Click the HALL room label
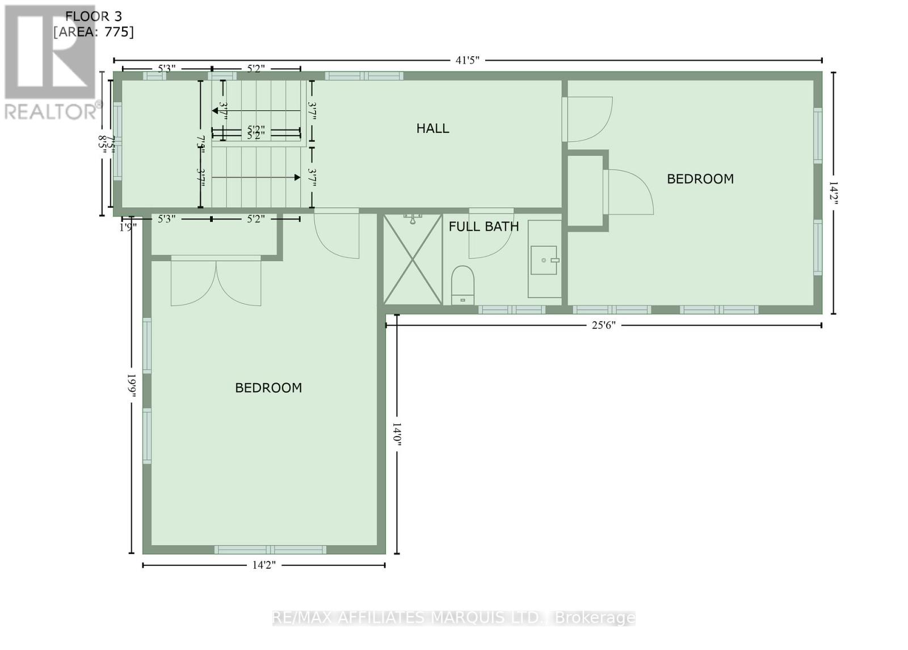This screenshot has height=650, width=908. point(432,128)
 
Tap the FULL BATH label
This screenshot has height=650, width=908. point(484,227)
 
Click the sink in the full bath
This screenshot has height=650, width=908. point(544,260)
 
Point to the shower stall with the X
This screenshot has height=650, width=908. point(413,259)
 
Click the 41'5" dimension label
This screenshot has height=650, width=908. point(468,60)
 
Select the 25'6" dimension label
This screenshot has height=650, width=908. point(603,325)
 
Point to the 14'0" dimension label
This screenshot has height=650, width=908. point(397,434)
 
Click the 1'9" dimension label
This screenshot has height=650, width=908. point(128,228)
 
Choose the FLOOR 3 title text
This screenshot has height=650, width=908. point(93,16)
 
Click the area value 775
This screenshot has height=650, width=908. point(117,32)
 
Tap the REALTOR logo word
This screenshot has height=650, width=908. point(50,111)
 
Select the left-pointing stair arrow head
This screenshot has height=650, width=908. point(216,111)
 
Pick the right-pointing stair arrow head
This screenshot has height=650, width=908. point(297,178)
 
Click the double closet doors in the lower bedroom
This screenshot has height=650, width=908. point(216,281)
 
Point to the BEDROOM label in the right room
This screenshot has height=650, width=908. point(700,179)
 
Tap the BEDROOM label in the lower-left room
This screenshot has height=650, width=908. point(268,388)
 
